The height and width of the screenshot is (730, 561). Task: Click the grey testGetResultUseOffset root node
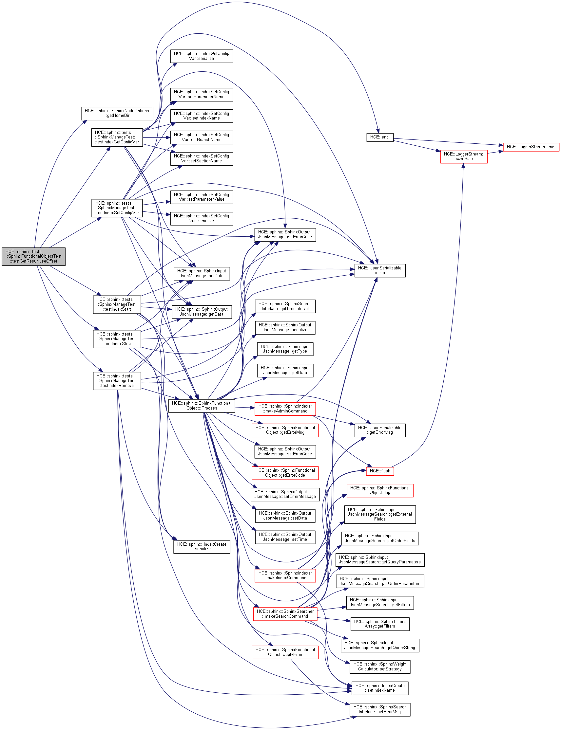coord(33,256)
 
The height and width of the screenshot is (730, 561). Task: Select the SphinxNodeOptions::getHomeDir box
coord(117,113)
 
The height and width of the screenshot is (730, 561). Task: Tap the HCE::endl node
coord(380,137)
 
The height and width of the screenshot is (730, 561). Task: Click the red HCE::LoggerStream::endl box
coord(531,147)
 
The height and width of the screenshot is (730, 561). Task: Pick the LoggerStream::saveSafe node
coord(463,156)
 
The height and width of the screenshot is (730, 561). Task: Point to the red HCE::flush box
coord(380,471)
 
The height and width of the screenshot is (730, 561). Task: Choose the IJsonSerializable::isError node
coord(380,270)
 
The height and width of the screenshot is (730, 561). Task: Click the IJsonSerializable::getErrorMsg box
coord(380,430)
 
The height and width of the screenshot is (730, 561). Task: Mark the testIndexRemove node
coord(117,381)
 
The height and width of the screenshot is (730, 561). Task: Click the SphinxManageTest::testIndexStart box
coord(117,304)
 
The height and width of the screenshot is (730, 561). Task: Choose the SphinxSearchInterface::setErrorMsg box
coord(380,709)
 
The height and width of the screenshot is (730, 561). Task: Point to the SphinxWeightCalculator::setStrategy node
coord(380,666)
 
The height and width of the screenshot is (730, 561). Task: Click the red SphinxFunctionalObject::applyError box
coord(285,652)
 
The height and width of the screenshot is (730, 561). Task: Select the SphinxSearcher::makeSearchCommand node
coord(285,614)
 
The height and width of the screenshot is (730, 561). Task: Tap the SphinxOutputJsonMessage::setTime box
coord(285,537)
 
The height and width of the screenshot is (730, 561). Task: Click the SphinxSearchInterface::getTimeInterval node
coord(285,306)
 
